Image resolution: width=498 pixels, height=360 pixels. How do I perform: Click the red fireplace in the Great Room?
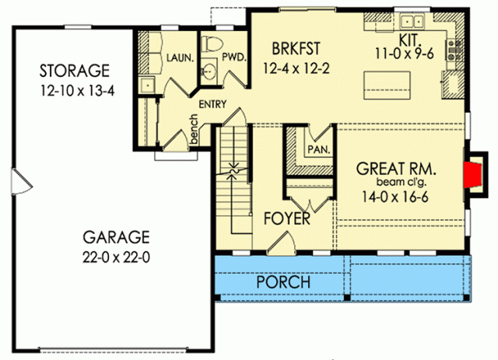click(472, 175)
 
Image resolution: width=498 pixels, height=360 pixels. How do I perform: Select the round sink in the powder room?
click(209, 71)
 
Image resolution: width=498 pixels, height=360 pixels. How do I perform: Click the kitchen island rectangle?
click(387, 86)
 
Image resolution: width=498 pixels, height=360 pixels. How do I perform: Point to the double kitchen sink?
click(412, 22)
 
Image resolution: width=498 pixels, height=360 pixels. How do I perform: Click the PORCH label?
click(283, 282)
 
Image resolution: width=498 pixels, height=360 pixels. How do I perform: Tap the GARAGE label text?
click(116, 237)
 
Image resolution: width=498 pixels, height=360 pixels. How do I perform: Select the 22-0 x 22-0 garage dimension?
click(116, 257)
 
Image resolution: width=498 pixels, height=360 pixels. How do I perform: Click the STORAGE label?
click(75, 71)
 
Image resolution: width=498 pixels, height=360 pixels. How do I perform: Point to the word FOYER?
click(287, 218)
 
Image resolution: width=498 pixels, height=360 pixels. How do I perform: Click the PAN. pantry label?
click(319, 149)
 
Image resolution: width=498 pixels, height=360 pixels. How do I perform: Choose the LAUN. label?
click(180, 58)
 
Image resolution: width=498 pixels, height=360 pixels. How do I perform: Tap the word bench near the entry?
click(194, 129)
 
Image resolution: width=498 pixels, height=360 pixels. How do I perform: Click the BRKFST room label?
click(296, 48)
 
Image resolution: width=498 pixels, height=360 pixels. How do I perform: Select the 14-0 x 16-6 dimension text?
click(395, 197)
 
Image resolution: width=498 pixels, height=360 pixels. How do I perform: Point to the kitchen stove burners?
click(454, 51)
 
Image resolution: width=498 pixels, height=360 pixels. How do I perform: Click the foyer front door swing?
click(281, 243)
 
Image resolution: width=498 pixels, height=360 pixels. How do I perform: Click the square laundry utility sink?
click(147, 85)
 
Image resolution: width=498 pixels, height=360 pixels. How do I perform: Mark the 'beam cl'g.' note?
click(402, 182)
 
